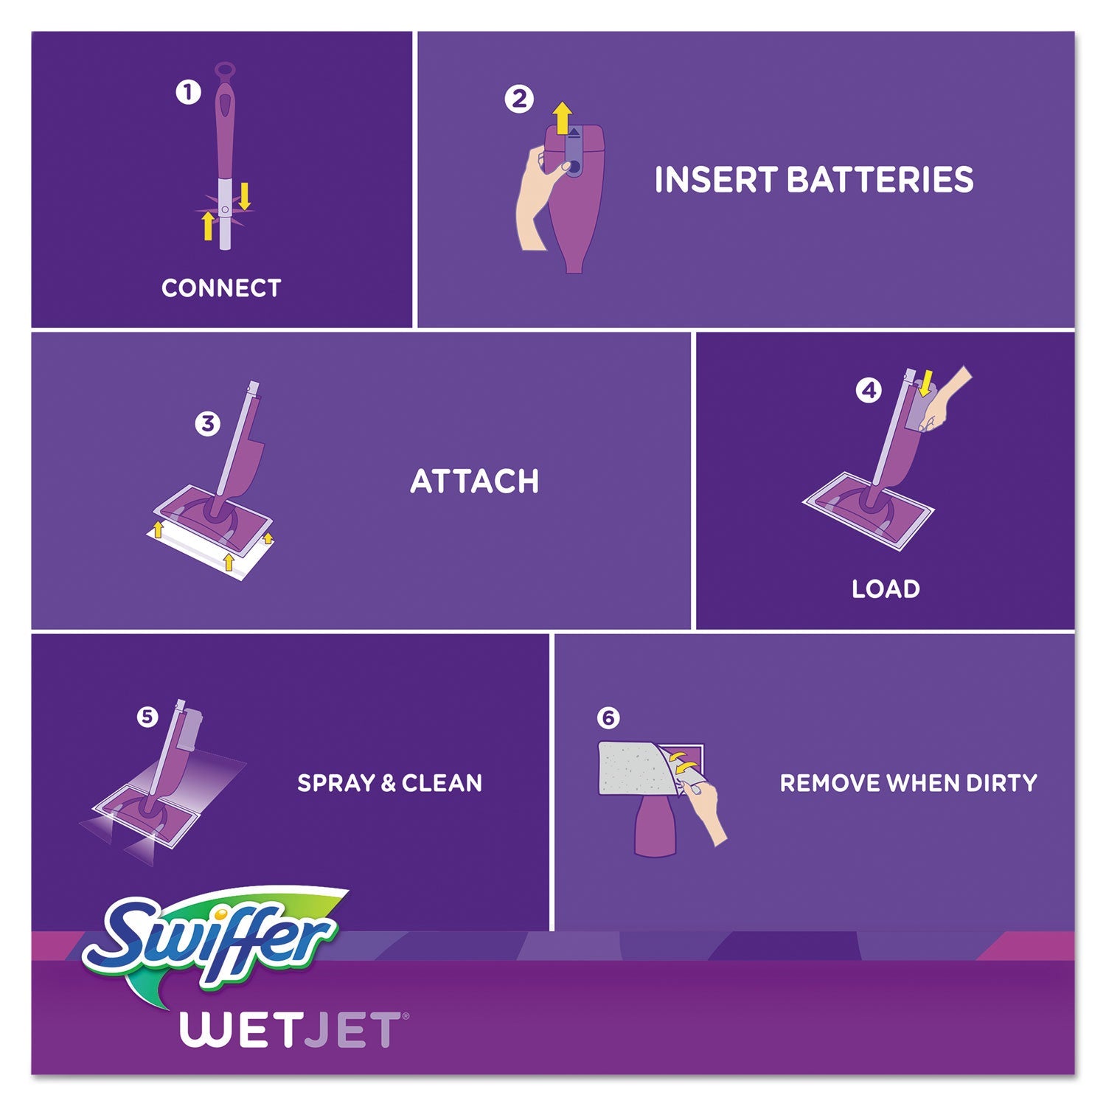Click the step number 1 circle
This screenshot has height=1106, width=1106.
click(188, 92)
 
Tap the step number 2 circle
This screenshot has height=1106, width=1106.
click(519, 99)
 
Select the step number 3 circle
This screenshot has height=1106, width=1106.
click(207, 423)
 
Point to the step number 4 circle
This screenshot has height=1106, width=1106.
click(869, 390)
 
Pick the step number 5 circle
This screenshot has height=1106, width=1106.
click(147, 716)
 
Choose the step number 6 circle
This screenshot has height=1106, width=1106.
click(608, 717)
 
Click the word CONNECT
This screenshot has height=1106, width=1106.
click(221, 288)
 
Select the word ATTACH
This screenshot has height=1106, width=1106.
click(474, 481)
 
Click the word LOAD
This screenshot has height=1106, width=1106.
click(886, 588)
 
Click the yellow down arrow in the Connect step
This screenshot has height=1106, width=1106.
click(244, 195)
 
